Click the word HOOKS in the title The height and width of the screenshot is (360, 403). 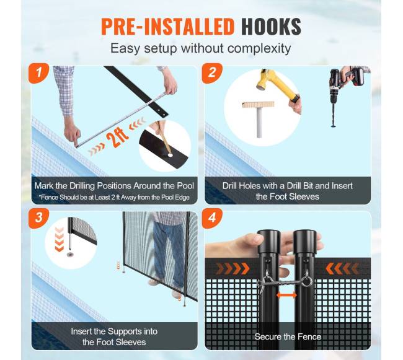[271, 27]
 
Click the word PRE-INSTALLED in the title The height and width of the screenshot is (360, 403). [167, 27]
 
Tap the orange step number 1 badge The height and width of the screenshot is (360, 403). [38, 73]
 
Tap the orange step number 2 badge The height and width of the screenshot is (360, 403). [212, 73]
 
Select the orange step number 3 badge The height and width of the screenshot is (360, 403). [38, 218]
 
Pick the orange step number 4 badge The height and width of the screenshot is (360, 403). [212, 218]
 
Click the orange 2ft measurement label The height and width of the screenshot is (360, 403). [117, 138]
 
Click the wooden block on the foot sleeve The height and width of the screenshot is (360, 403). [258, 105]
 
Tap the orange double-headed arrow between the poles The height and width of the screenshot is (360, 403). [286, 296]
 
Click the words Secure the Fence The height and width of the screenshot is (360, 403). [288, 336]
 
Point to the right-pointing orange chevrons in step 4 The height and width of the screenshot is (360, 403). [232, 268]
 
